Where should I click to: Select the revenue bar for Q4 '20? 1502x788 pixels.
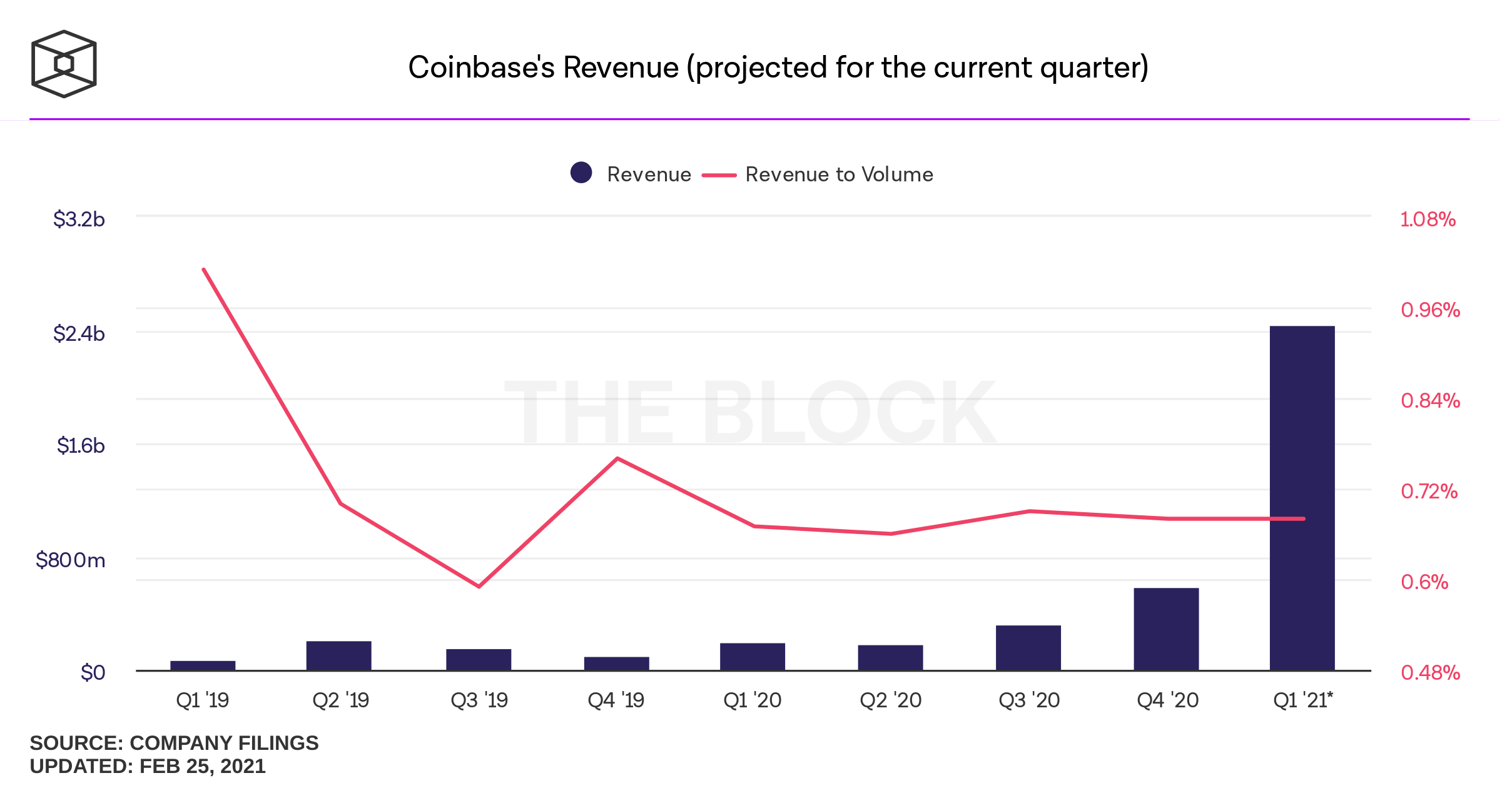pos(1166,629)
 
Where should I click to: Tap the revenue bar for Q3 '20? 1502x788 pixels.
pos(1028,648)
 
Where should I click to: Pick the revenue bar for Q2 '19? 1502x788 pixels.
pos(338,655)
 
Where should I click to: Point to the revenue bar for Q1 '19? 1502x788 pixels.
pos(203,665)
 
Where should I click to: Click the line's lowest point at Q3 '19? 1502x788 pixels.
pos(479,587)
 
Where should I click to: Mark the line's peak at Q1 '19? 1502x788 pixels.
pos(204,270)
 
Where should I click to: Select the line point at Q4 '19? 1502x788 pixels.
pos(617,458)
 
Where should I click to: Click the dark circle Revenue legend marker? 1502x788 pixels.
pos(581,173)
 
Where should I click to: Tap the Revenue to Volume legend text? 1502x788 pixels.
pos(839,174)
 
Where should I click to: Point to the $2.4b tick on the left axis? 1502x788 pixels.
pos(79,333)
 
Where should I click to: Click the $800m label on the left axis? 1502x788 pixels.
pos(70,560)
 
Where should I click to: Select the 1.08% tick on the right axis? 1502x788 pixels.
pos(1428,220)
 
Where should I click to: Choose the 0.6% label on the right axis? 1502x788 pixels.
pos(1424,582)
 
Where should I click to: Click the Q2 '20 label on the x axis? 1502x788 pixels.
pos(890,700)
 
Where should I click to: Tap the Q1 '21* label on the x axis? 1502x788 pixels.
pos(1303,700)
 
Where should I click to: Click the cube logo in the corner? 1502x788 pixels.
pos(64,64)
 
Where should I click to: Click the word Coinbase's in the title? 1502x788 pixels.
pos(480,68)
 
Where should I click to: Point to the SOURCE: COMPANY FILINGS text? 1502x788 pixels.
pos(174,743)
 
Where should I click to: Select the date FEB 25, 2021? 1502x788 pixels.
pos(202,766)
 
